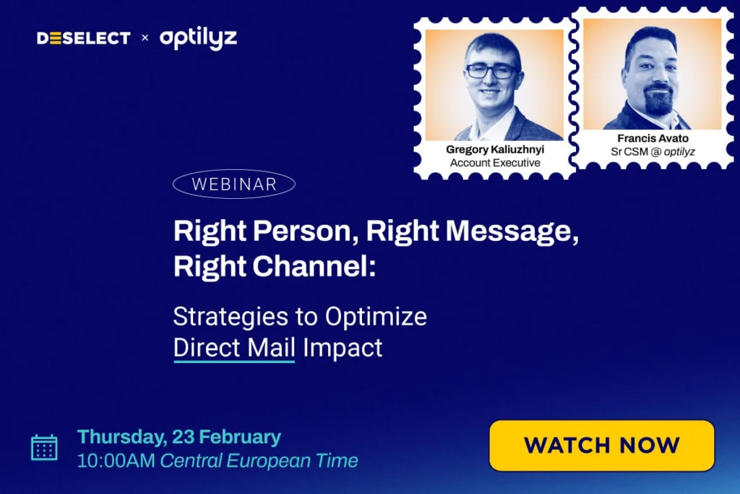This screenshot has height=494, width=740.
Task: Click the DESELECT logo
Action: click(84, 38)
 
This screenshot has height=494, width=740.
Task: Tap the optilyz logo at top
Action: click(198, 38)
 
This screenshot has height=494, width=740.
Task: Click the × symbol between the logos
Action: click(145, 38)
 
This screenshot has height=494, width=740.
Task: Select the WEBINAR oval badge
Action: click(234, 184)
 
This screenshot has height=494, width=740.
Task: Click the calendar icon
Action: click(44, 447)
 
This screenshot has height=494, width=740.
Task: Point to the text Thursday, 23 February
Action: click(179, 438)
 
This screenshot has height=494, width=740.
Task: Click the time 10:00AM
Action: click(116, 461)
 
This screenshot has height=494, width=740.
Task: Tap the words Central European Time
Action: click(259, 461)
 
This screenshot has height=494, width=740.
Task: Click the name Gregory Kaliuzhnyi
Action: click(495, 150)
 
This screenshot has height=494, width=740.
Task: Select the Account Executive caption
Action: click(495, 163)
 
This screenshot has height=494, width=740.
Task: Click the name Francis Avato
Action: click(653, 138)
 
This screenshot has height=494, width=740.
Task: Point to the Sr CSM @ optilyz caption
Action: click(653, 152)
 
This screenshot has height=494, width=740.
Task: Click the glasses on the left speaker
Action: click(491, 72)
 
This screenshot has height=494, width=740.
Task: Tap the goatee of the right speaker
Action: click(658, 100)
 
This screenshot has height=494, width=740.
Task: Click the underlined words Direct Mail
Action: click(234, 348)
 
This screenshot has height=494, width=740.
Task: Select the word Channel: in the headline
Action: click(314, 266)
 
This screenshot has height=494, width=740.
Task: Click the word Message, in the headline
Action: click(512, 231)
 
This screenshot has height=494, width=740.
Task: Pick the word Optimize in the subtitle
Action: click(376, 317)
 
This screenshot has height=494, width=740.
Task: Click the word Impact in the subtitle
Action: click(343, 349)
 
